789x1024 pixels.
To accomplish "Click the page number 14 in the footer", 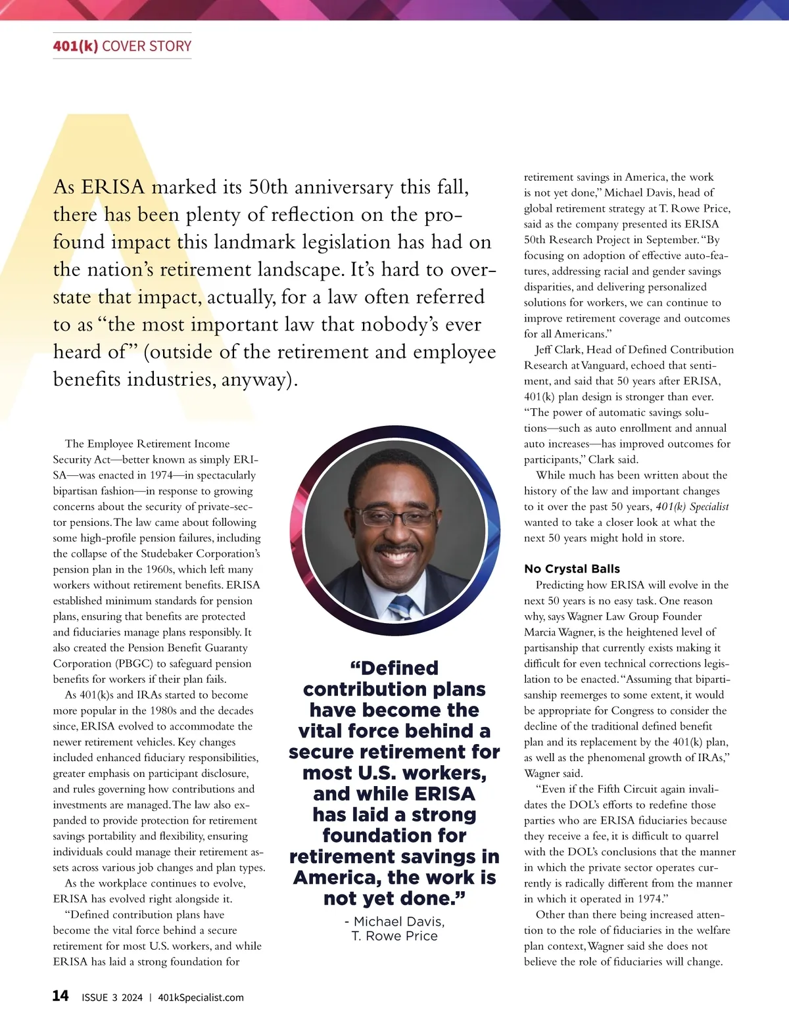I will [x=60, y=996].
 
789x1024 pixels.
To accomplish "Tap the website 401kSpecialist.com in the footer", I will [x=201, y=997].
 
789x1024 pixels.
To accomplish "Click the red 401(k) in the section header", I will [x=75, y=46].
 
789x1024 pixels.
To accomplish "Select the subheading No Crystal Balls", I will [x=571, y=569].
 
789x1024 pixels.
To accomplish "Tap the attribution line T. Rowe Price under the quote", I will [x=394, y=936].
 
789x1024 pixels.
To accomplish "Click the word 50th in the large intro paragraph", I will [x=268, y=187].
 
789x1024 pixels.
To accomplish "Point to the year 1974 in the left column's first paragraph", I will [x=161, y=475].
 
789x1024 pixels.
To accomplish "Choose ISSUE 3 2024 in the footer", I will [x=112, y=997].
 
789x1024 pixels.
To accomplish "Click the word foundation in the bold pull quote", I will [x=394, y=835].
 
